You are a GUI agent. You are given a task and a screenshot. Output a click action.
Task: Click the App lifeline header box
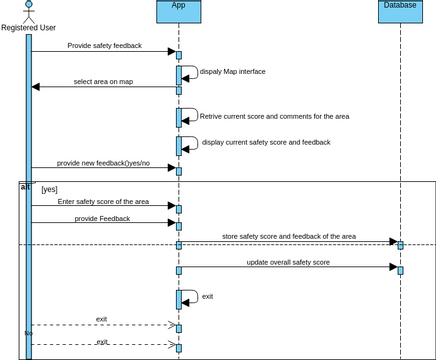coord(178,11)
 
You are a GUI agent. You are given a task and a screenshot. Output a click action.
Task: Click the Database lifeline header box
coord(400,11)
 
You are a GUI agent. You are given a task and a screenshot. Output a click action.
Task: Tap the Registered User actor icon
coord(28,9)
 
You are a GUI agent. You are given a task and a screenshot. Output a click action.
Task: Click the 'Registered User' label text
coord(28,28)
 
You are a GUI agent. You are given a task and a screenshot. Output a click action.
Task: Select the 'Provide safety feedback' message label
coord(104,46)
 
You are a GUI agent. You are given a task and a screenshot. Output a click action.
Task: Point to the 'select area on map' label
coord(103,81)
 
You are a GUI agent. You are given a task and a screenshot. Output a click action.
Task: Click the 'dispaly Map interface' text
coord(233,72)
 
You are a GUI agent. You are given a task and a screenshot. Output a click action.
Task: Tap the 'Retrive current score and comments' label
coord(274,116)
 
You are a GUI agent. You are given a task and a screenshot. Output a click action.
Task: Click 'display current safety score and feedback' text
coord(266,142)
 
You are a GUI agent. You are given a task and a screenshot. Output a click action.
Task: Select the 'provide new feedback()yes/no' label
coord(103,162)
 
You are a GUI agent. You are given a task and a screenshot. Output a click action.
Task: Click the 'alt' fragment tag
coord(25,187)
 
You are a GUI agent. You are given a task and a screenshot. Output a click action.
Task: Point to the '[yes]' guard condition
coord(49,189)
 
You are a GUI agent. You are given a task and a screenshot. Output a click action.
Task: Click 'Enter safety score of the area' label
coord(102,201)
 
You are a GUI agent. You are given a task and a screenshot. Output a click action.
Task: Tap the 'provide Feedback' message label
coord(102,218)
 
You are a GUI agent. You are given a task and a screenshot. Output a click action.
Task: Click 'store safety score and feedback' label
coord(288,236)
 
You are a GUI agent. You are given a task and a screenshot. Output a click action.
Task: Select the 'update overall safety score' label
coord(288,262)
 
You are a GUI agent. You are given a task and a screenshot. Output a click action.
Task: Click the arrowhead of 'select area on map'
coord(36,87)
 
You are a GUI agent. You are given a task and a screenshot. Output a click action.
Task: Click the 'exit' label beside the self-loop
coord(207,296)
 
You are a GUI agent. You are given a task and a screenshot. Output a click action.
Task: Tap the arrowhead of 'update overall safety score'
coord(393,267)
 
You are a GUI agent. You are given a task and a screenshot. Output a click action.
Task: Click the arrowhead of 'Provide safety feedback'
coord(171,52)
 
